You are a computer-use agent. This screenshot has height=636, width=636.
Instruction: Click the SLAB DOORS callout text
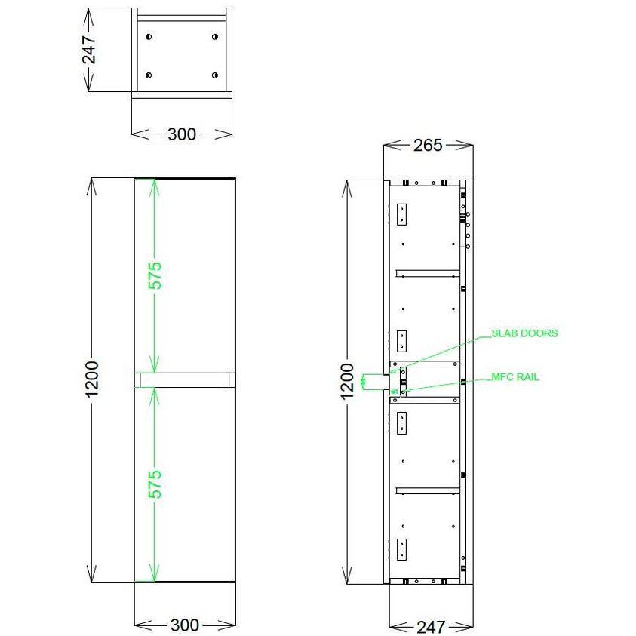coord(524,333)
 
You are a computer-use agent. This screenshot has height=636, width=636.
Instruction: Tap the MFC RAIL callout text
coord(515,377)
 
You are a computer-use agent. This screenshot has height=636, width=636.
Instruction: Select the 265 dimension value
coord(428,146)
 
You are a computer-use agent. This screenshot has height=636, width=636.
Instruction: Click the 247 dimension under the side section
coord(431,626)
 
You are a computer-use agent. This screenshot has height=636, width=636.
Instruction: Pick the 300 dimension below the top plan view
coord(181,134)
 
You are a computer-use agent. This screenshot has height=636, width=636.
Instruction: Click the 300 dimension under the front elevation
coord(185,625)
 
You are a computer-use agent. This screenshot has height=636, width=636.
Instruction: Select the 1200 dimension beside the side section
coord(348,382)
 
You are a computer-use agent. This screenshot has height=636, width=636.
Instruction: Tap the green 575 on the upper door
coord(155,275)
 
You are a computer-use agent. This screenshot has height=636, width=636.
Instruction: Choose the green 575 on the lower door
coord(155,484)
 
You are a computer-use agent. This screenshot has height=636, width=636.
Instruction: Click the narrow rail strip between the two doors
coord(185,379)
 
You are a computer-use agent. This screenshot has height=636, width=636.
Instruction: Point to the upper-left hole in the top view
coord(149,37)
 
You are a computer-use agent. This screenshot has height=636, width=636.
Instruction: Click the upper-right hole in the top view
coord(215,37)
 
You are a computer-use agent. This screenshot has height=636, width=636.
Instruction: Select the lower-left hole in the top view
coord(149,75)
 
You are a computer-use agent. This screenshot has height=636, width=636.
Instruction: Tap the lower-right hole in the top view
coord(215,75)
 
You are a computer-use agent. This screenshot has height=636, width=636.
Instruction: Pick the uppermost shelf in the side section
coord(429,272)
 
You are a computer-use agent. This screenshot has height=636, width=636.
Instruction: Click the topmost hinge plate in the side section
coord(401,214)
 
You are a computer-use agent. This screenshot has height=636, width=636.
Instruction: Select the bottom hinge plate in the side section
coord(401,548)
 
